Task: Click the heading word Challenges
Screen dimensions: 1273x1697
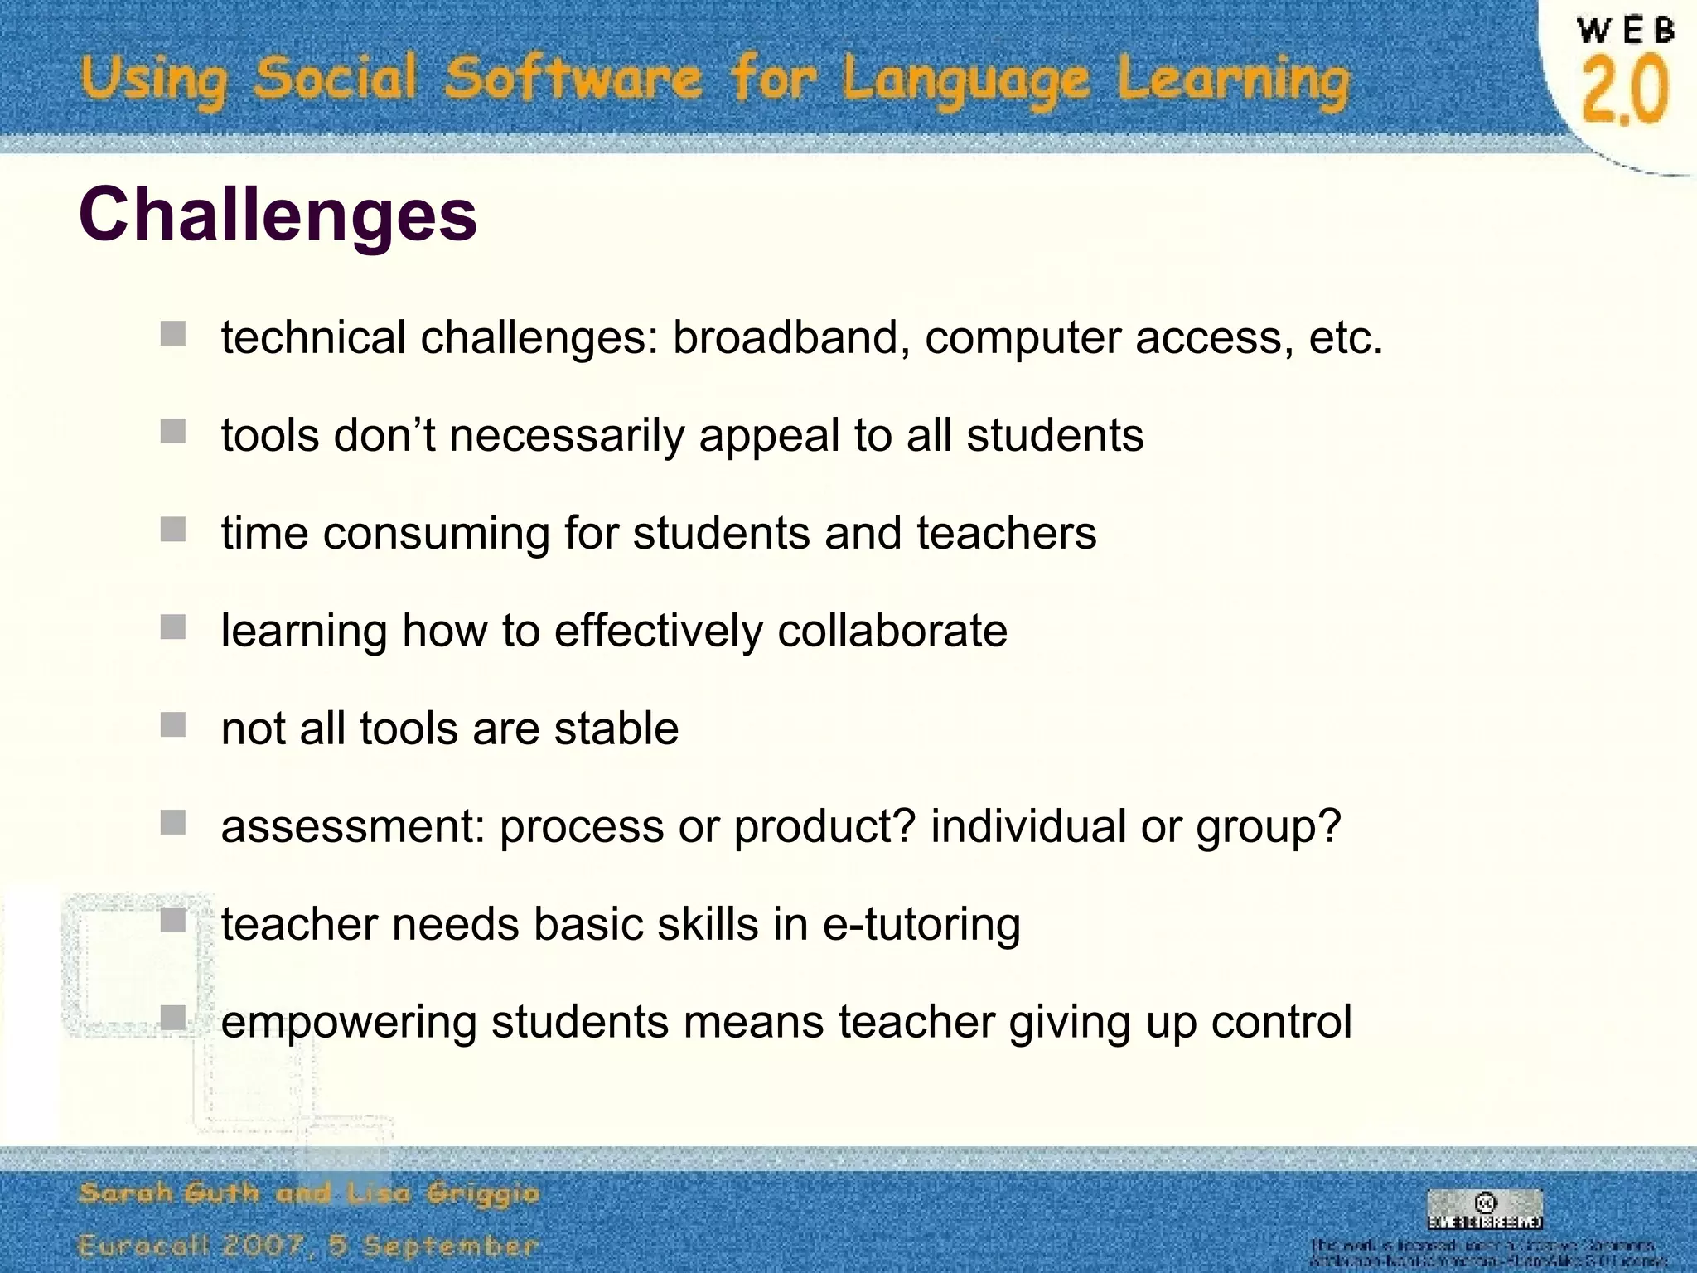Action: coord(278,214)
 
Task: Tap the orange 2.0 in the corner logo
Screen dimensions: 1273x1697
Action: coord(1624,90)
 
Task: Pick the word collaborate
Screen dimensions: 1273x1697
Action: coord(892,631)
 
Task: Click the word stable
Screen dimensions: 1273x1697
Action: coord(616,728)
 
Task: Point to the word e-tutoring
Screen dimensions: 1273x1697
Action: coord(921,924)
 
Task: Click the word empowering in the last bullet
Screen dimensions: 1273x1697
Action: coord(349,1022)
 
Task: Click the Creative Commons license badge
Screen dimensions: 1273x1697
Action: coord(1484,1210)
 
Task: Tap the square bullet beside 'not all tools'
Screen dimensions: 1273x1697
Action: coord(173,725)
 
